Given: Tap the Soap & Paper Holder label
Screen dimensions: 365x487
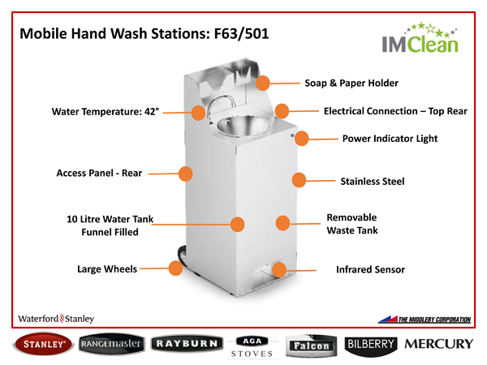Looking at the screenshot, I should pos(351,83).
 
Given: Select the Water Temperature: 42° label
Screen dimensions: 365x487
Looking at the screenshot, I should pos(106,112).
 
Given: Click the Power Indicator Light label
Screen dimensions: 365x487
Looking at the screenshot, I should pos(390,139).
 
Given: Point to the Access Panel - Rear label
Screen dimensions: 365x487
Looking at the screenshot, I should pos(99,174).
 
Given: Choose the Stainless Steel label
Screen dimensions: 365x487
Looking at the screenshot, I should pos(372,181).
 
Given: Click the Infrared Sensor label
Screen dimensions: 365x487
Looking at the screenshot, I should pos(370,269).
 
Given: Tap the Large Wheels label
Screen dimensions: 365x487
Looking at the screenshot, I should pos(107,268).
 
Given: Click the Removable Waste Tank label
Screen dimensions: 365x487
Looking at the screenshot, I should pos(351,224).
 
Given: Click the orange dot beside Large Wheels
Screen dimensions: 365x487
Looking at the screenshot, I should pos(175,268).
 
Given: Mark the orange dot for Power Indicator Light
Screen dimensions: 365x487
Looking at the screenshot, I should pos(301,138).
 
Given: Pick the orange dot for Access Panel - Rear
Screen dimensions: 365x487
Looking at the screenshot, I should pos(185,173).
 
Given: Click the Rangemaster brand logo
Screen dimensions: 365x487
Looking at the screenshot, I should pos(112,344).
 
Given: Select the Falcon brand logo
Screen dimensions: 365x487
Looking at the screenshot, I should pos(312,345).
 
